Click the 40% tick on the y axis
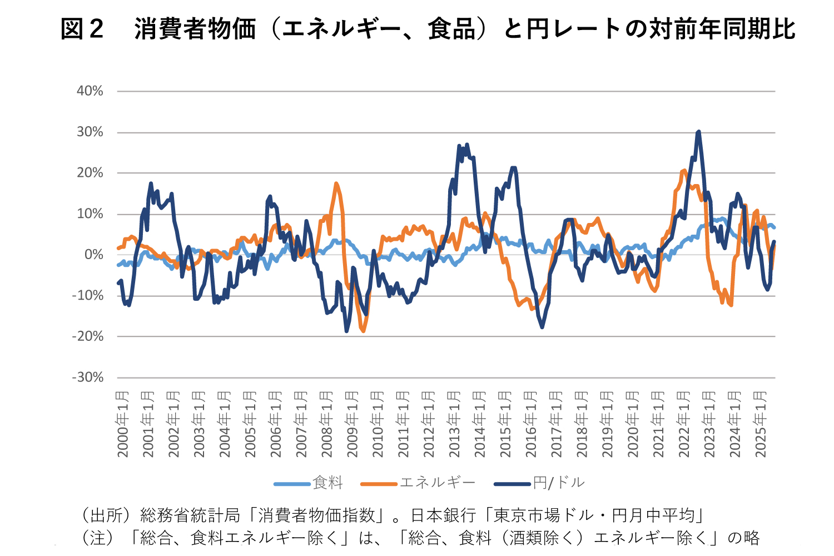90,91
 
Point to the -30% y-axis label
88,378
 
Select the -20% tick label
88,336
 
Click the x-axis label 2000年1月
122,424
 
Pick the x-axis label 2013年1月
454,424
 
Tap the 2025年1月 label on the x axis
760,424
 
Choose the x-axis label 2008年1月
326,424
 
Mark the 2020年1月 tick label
633,424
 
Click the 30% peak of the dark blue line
698,132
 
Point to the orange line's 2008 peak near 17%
336,183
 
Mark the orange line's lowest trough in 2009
363,331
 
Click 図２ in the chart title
82,29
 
